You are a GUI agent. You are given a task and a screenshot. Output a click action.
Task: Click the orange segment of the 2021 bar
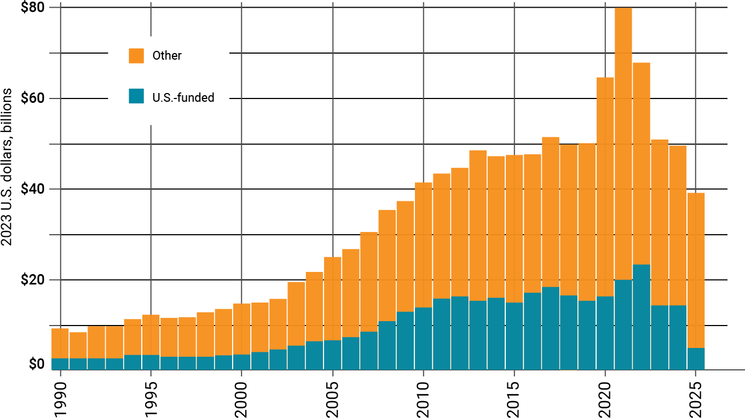[623, 142]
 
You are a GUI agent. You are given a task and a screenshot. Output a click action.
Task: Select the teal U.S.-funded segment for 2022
[642, 317]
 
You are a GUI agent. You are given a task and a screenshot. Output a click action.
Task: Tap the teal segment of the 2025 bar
[696, 358]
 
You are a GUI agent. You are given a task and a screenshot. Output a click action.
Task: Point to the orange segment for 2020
[605, 186]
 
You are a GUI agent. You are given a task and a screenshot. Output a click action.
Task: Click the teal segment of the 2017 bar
[551, 328]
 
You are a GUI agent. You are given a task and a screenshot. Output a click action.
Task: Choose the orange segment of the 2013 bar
[478, 224]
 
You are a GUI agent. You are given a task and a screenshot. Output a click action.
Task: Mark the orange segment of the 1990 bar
[60, 343]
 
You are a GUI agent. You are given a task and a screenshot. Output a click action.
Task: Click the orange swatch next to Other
[136, 55]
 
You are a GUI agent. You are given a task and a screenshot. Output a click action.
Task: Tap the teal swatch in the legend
[136, 97]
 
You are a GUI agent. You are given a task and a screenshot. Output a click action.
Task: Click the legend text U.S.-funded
[183, 98]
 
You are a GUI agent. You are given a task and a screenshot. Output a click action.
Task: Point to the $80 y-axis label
[32, 8]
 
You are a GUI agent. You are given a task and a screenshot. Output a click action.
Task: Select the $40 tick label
[32, 189]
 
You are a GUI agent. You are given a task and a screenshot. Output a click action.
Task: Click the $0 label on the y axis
[37, 364]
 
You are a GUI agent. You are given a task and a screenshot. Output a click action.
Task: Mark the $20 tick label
[32, 280]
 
